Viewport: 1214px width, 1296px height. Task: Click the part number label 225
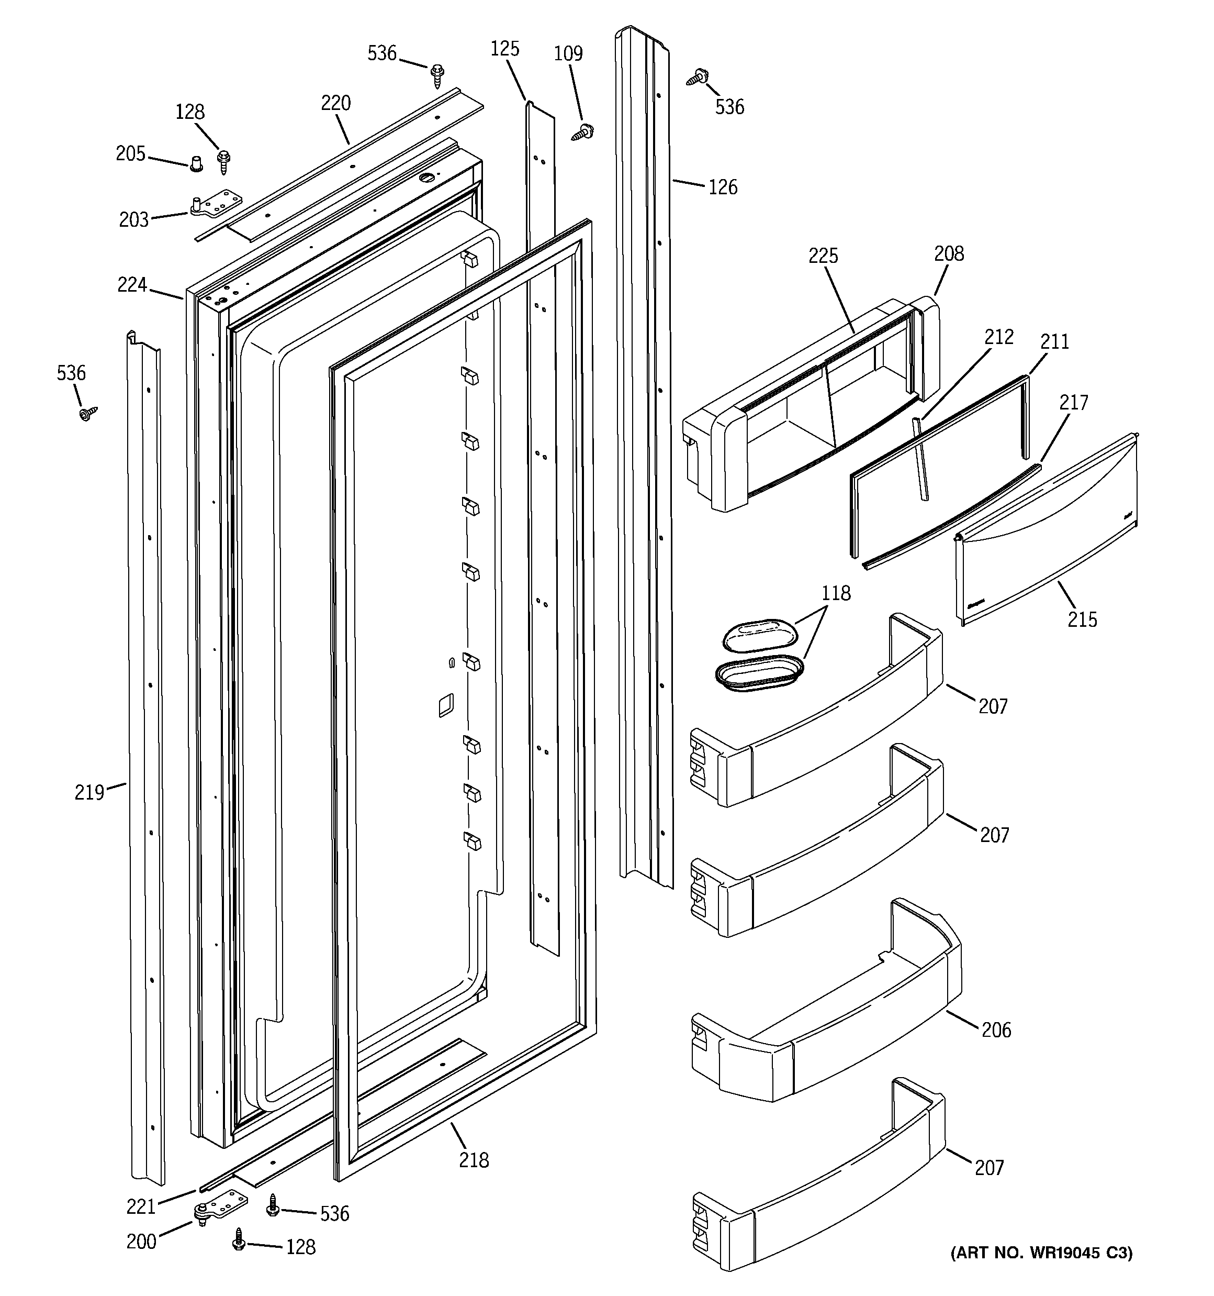823,256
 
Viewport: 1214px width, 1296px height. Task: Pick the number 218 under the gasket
474,1160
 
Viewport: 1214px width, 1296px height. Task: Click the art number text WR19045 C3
1041,1253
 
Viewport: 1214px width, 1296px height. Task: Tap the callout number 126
723,188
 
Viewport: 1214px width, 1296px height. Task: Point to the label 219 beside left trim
89,792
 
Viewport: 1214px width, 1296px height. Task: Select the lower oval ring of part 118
759,673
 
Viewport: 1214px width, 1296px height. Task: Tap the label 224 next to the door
132,285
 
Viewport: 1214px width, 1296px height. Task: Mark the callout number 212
999,337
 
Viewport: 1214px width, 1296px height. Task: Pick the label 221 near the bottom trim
141,1206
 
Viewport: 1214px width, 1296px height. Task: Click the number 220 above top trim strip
335,103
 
